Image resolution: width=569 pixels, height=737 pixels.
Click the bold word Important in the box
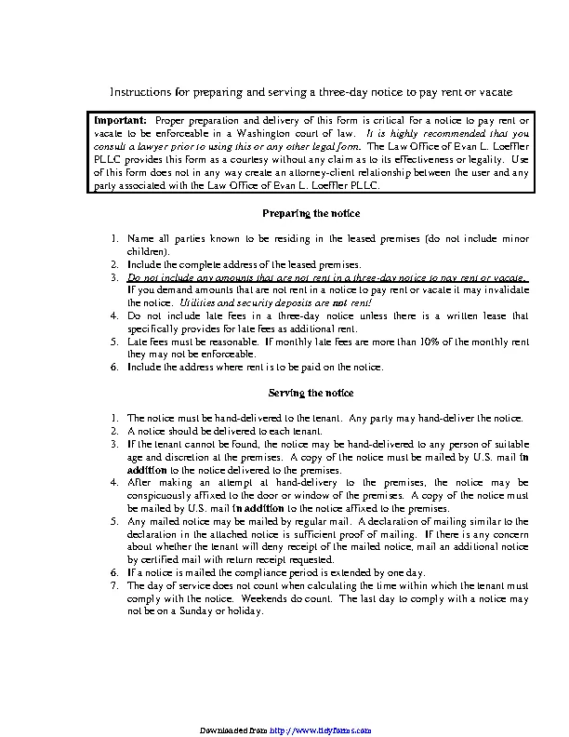click(x=120, y=121)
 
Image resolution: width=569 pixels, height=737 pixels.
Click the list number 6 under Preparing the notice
click(x=112, y=367)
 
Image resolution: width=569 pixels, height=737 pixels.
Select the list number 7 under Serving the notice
click(x=112, y=585)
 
